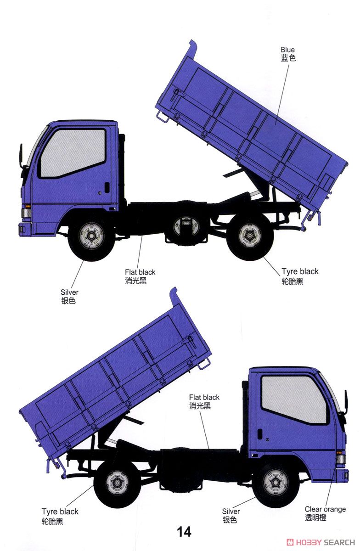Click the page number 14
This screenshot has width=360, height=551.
coord(184,532)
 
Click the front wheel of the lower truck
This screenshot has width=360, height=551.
coord(276,482)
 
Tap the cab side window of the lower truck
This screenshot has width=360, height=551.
coord(294,399)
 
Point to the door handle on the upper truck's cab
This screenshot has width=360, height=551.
coord(107,187)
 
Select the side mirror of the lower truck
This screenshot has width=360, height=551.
coord(345,401)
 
